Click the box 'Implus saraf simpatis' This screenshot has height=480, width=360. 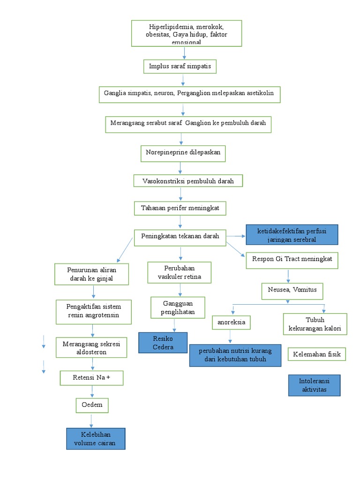pos(180,67)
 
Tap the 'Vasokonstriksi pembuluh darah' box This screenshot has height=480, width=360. pos(187,181)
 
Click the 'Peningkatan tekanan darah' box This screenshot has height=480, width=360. pos(180,237)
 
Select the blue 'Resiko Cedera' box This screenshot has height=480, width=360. pos(163,343)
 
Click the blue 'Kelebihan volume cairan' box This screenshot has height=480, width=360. pos(96,439)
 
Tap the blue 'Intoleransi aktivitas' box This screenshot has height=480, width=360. pos(314,385)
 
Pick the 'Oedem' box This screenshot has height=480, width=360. pos(92,405)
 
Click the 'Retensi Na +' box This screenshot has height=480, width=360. pos(91,378)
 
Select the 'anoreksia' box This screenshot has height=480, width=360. pos(231,322)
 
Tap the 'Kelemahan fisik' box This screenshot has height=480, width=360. pos(317,354)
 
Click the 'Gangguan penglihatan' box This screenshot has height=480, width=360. pos(178,307)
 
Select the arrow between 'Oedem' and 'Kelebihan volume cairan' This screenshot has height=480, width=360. pos(92,420)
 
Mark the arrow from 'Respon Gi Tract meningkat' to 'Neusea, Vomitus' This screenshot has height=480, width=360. pos(288,276)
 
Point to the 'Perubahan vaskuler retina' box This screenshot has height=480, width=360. pos(180,273)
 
